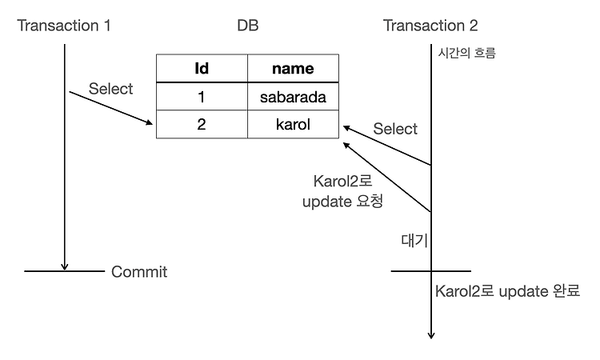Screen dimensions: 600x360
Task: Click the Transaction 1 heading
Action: (x=64, y=26)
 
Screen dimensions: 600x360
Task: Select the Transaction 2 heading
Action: (x=430, y=26)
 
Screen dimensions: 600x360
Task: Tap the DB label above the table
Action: (x=247, y=26)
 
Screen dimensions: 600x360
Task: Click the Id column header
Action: (x=202, y=69)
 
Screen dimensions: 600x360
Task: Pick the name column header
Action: (x=293, y=69)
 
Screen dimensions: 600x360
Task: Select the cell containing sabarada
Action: (x=293, y=97)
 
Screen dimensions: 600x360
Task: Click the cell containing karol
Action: (x=293, y=124)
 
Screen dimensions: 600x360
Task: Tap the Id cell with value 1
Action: (x=202, y=97)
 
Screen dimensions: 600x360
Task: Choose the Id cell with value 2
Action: (x=202, y=124)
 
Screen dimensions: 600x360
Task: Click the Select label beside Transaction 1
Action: (x=110, y=89)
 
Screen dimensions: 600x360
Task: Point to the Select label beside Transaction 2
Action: (x=395, y=129)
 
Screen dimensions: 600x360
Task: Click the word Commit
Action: (x=139, y=272)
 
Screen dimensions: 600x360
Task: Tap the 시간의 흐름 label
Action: (x=467, y=53)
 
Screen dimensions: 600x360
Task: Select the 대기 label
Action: (x=414, y=240)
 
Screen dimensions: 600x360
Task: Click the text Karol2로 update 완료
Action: (x=507, y=291)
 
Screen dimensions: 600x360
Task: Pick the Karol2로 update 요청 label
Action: (x=343, y=191)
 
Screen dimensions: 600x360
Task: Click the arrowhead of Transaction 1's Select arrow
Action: (x=150, y=122)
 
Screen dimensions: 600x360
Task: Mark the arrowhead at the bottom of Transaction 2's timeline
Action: (x=431, y=335)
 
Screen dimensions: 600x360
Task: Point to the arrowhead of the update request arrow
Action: (x=346, y=145)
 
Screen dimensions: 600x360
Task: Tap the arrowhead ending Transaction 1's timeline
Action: (x=65, y=266)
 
